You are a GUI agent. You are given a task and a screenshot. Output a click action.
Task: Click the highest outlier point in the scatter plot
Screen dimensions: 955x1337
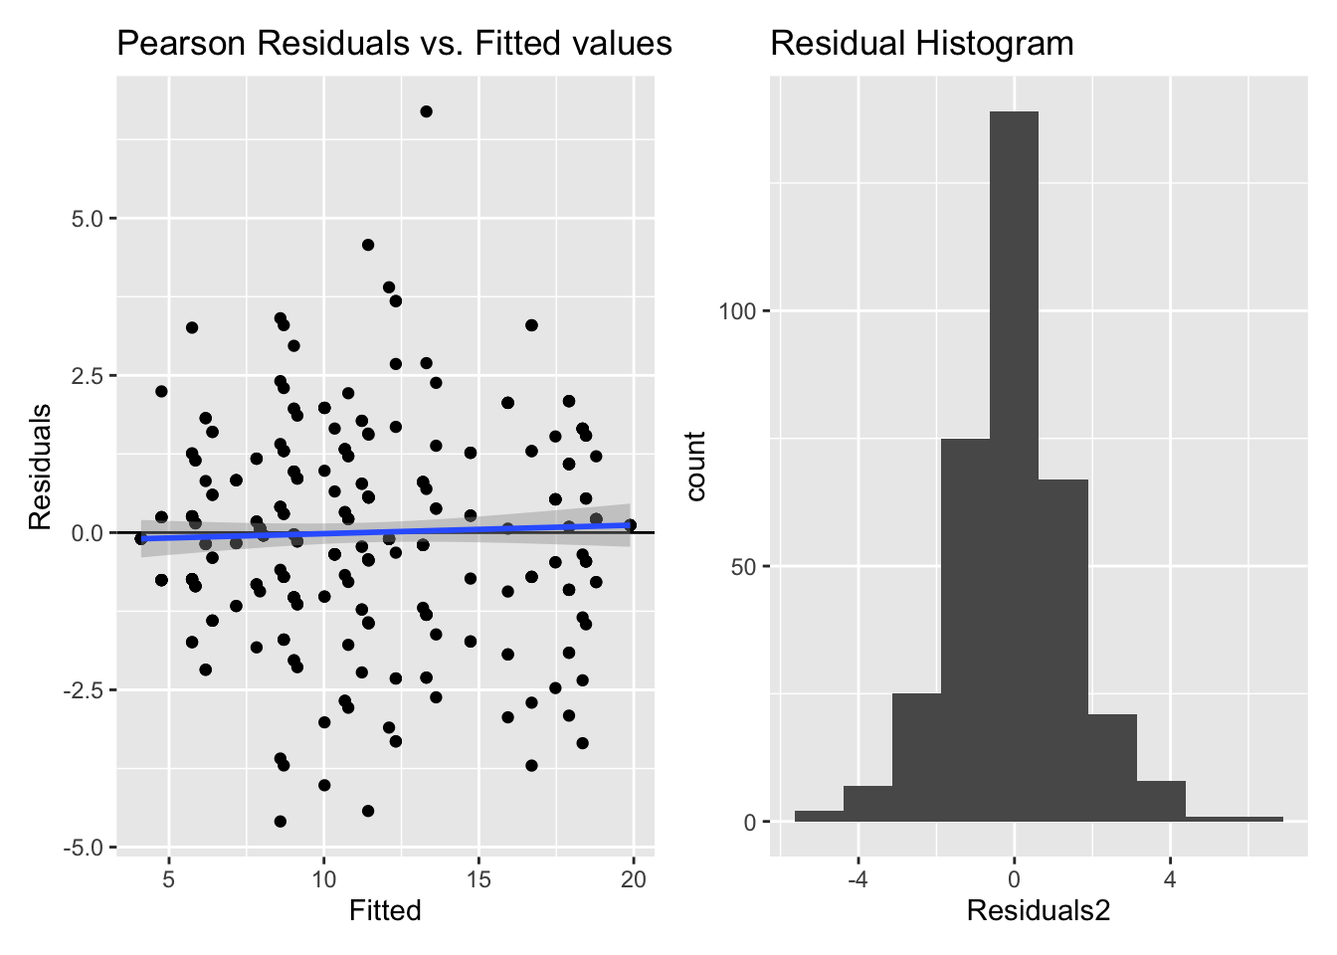click(426, 111)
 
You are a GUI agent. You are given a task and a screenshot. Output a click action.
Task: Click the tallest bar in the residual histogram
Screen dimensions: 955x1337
click(1014, 468)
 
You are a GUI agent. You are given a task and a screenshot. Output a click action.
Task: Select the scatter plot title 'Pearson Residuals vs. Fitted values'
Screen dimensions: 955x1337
click(394, 44)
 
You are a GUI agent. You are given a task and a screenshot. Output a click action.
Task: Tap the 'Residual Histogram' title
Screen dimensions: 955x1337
click(922, 44)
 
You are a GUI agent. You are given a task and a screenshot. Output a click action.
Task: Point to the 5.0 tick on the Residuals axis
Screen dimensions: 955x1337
click(88, 218)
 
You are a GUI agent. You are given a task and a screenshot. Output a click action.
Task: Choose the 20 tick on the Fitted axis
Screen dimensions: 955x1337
click(634, 879)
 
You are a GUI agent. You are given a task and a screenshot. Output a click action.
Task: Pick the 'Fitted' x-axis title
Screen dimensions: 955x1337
click(385, 910)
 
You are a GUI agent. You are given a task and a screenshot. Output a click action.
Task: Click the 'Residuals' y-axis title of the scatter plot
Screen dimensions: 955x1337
click(40, 467)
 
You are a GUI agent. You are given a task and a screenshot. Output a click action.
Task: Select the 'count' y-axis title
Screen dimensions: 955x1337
click(695, 467)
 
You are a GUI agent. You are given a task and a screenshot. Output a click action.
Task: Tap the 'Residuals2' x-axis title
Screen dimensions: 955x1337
click(1038, 910)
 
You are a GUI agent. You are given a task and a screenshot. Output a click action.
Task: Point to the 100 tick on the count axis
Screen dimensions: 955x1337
click(737, 311)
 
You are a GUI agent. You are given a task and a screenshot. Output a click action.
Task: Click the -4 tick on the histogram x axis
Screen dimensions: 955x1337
click(858, 879)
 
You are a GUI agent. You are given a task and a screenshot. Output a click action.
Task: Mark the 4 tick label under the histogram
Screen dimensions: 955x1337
click(1170, 879)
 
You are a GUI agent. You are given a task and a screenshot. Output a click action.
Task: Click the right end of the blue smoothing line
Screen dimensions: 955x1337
click(629, 524)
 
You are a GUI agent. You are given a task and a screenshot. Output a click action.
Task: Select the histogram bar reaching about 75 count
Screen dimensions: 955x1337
click(965, 631)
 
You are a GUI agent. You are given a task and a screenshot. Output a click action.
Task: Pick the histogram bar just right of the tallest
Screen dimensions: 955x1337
click(1062, 651)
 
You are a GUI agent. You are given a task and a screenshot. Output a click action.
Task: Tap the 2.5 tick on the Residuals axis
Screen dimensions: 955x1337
click(88, 375)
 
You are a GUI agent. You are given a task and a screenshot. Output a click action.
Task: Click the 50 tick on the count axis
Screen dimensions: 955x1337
click(742, 567)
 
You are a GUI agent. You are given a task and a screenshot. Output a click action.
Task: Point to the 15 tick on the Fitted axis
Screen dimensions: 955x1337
click(478, 879)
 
